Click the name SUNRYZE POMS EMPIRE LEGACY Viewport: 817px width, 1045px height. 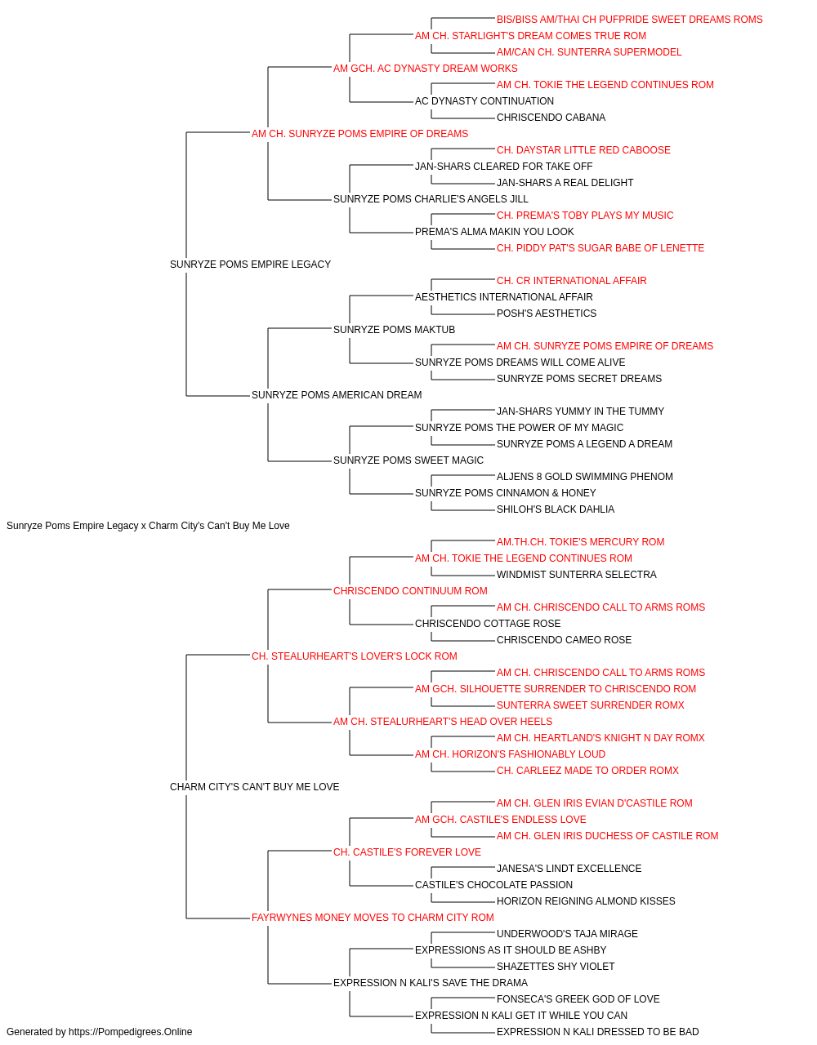[250, 265]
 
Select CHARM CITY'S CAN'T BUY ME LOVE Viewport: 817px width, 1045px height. [254, 787]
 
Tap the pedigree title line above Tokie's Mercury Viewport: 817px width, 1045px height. [148, 526]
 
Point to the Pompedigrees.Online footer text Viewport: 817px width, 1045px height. [99, 1032]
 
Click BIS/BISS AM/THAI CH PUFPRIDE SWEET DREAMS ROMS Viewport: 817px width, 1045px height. [629, 20]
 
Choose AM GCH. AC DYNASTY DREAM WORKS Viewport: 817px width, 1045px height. [425, 69]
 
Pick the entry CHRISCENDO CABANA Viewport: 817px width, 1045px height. [551, 118]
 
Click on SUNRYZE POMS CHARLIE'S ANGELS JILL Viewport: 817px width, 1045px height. [431, 199]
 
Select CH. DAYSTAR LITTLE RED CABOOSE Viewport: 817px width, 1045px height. [583, 150]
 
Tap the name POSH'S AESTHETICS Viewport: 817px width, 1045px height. [546, 313]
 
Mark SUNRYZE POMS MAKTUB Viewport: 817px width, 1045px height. [394, 330]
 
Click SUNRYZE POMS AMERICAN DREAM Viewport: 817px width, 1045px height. [337, 395]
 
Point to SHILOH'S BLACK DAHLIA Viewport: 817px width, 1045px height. [555, 509]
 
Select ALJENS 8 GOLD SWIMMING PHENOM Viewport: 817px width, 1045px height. [584, 477]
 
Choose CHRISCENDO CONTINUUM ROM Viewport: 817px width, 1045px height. [410, 591]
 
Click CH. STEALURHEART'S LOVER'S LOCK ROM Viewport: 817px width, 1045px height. [354, 656]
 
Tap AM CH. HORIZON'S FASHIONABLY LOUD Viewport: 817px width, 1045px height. [510, 754]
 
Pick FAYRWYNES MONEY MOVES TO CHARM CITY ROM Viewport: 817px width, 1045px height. [373, 918]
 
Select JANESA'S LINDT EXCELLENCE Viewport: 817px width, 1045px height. [569, 869]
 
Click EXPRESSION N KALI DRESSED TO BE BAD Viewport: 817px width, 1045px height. [597, 1032]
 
